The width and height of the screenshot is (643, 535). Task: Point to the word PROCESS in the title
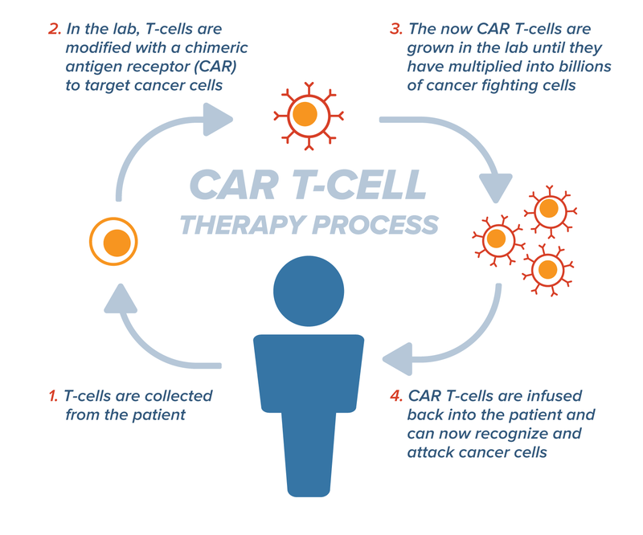[x=377, y=223]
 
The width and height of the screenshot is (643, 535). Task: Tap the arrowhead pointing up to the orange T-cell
[x=117, y=298]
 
